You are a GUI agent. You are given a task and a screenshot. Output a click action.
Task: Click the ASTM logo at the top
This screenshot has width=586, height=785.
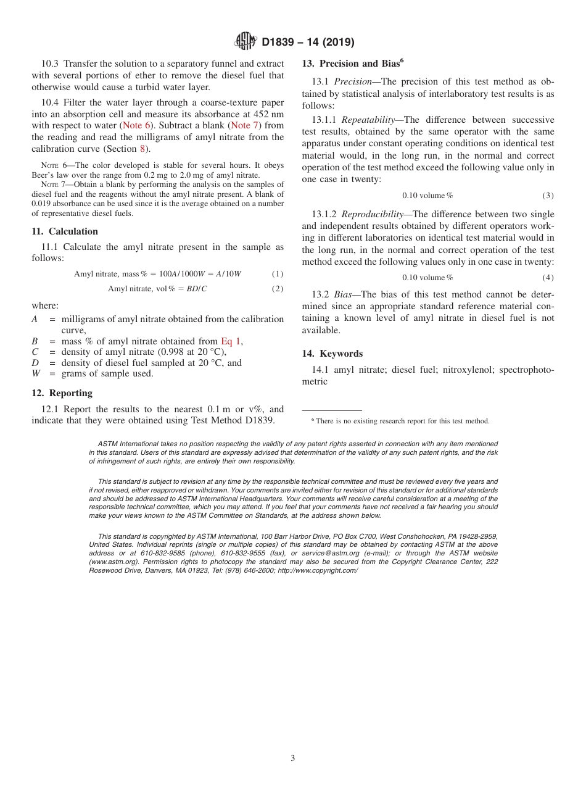click(246, 41)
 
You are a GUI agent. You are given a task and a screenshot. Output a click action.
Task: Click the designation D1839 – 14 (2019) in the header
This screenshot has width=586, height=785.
click(308, 42)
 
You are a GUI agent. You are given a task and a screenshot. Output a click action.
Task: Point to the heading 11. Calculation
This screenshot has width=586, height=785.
click(65, 231)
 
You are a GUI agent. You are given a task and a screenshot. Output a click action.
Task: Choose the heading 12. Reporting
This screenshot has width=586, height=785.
click(62, 393)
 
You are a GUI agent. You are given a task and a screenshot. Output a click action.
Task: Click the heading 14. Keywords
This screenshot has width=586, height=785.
click(332, 354)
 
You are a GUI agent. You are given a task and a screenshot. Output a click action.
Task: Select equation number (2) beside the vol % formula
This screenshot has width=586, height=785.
click(278, 289)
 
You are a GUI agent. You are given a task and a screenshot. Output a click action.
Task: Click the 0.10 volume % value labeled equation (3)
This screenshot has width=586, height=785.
click(427, 196)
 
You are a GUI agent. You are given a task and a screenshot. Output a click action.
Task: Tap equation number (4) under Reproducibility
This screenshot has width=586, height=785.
click(548, 278)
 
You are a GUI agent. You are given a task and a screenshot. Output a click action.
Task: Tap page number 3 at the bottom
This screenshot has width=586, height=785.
click(293, 758)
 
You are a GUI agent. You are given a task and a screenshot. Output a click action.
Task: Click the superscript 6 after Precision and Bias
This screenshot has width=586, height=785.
click(402, 60)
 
